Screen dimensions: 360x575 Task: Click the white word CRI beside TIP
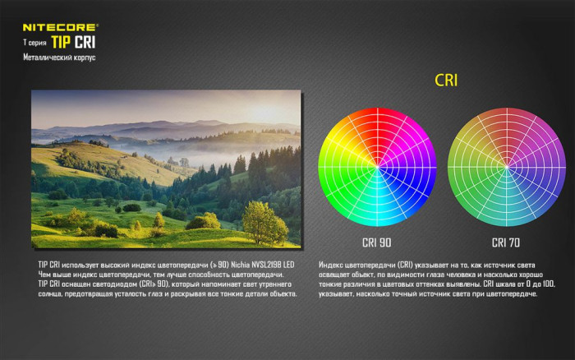pyautogui.click(x=84, y=41)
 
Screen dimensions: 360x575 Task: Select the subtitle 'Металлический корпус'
pyautogui.click(x=57, y=58)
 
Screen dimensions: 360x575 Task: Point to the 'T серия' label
pyautogui.click(x=34, y=43)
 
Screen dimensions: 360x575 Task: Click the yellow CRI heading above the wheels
pyautogui.click(x=445, y=81)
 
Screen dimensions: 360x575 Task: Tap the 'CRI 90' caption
pyautogui.click(x=376, y=242)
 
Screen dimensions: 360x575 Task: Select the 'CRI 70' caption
pyautogui.click(x=505, y=242)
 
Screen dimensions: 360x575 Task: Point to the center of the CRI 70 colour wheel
pyautogui.click(x=505, y=168)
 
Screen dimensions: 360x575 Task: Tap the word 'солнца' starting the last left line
pyautogui.click(x=50, y=294)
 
